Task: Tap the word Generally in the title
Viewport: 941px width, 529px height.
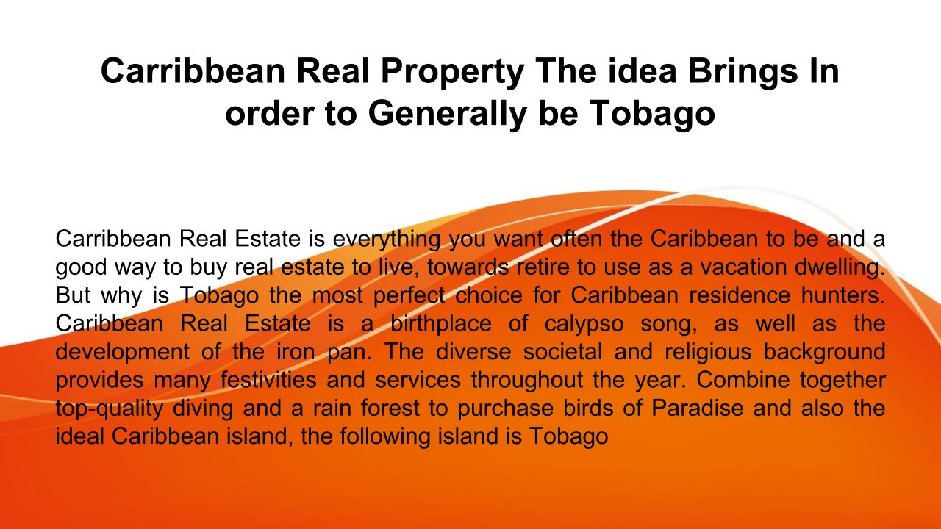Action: (448, 115)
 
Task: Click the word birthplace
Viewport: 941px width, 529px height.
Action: (441, 325)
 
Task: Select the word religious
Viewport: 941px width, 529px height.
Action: (708, 353)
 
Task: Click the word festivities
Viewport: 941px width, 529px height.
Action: (268, 380)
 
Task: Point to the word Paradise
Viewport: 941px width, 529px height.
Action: (698, 408)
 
